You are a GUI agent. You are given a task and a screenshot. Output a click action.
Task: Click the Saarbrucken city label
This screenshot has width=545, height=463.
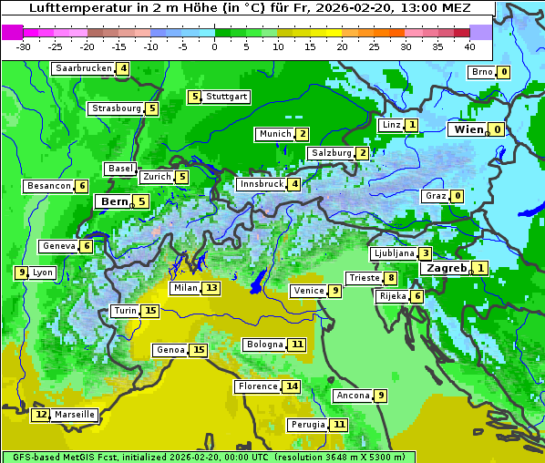point(83,68)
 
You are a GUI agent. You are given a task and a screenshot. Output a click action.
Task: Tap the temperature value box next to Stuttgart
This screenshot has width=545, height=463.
point(194,97)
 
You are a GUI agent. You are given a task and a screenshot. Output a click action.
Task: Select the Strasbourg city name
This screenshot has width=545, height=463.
point(117,108)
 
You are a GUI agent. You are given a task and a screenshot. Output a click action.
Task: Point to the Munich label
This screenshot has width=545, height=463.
point(274,134)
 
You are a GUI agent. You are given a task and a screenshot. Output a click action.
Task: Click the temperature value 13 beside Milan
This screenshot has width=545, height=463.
point(211,288)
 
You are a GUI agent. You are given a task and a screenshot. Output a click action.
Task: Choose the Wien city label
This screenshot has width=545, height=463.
point(468,130)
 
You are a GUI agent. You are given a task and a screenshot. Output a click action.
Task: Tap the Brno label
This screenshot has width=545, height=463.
point(481,72)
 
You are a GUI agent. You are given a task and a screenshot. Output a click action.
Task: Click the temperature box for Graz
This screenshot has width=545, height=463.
point(457,196)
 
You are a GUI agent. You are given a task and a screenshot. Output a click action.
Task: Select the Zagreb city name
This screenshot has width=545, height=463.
point(446,268)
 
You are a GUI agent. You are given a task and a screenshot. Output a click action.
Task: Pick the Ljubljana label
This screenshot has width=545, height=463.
point(394,253)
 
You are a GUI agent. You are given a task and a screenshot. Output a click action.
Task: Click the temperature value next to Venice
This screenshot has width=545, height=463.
point(335,291)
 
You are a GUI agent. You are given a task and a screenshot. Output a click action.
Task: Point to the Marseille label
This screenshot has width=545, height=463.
point(74,415)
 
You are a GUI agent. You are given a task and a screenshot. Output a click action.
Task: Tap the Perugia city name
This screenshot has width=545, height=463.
point(306,425)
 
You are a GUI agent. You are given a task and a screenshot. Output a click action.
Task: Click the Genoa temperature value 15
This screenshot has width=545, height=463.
point(199,350)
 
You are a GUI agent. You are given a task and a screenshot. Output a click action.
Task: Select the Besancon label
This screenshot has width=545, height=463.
point(49,186)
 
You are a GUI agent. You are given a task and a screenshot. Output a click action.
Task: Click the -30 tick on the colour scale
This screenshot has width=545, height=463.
point(24,46)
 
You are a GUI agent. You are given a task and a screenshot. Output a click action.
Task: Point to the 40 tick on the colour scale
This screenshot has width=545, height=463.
point(469,46)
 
